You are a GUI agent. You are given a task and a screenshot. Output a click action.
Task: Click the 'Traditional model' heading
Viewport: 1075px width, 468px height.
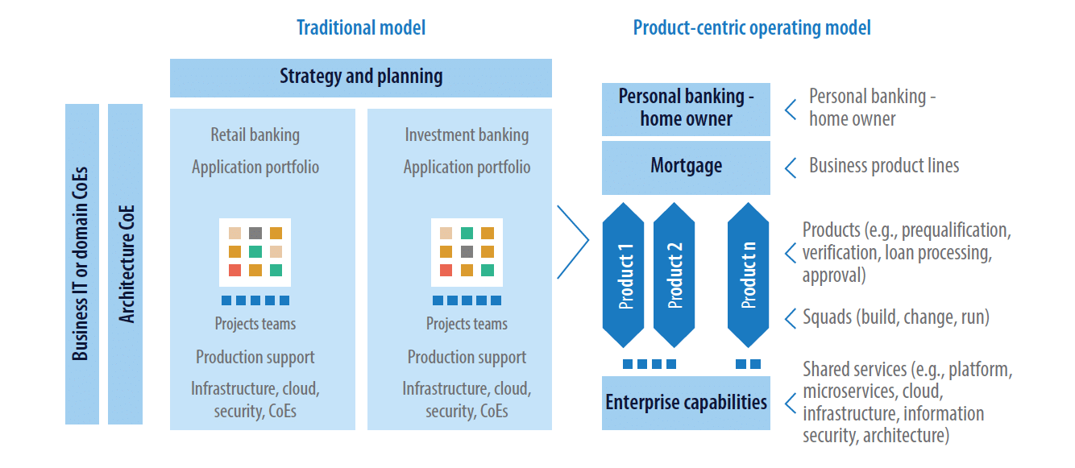[x=361, y=28]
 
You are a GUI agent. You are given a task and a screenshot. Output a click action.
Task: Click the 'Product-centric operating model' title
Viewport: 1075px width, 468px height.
[x=752, y=28]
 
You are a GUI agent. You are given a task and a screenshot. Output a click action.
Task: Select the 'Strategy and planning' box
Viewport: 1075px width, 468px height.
[x=361, y=78]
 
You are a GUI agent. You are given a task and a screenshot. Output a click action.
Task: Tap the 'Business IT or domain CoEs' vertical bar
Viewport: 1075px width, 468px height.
[x=82, y=263]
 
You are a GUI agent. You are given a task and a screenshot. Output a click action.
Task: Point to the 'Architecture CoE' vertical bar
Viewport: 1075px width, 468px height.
[x=125, y=263]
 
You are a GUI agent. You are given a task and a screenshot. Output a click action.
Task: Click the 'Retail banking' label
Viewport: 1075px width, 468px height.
[x=255, y=135]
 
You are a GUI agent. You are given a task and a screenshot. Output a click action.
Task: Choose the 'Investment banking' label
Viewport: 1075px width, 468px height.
[x=467, y=135]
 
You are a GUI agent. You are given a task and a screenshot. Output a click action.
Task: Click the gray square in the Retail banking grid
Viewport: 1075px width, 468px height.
[x=255, y=233]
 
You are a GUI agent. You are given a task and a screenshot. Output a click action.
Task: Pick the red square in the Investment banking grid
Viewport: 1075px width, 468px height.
[x=446, y=271]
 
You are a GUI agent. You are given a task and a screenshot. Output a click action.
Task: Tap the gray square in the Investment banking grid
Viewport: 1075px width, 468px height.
[x=467, y=252]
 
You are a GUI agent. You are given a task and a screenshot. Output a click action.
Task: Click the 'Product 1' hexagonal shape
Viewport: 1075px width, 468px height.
[x=623, y=275]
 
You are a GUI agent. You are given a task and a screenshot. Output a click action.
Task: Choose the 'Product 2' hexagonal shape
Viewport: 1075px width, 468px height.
[x=674, y=275]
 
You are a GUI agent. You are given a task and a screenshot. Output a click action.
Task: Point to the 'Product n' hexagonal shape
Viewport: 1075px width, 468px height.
[x=748, y=275]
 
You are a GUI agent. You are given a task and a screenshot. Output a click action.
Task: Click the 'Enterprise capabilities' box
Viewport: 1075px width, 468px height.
[x=686, y=403]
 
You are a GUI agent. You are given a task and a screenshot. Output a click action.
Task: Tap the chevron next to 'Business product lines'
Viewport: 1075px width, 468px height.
[x=790, y=168]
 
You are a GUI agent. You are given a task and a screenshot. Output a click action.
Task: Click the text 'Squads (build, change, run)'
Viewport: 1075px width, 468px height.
[x=896, y=317]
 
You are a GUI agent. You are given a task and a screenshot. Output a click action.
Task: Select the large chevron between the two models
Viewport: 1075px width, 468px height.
[x=573, y=242]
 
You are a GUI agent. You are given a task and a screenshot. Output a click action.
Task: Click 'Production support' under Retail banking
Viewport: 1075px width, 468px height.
[x=255, y=357]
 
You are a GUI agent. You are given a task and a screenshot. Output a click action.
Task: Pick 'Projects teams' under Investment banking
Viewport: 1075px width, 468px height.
[x=467, y=324]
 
